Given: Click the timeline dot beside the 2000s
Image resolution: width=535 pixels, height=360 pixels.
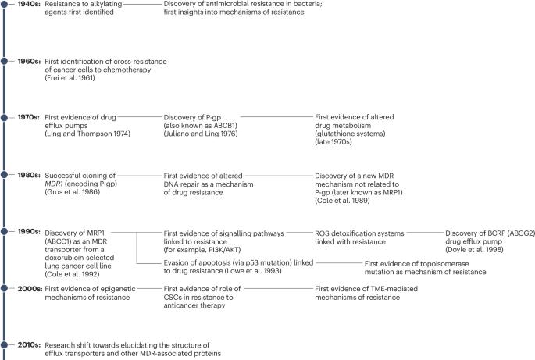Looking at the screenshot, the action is click(5, 288).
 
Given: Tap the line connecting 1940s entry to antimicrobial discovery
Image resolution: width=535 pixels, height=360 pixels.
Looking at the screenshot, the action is click(141, 5).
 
